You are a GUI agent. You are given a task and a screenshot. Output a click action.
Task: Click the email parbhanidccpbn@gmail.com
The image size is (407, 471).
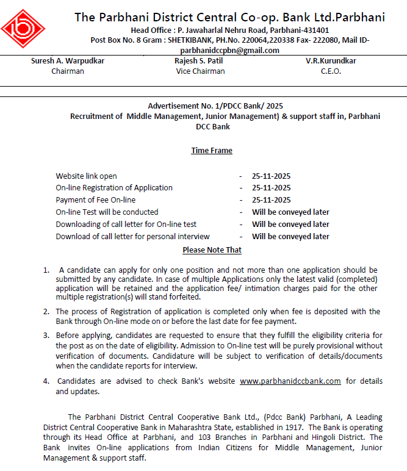point(229,50)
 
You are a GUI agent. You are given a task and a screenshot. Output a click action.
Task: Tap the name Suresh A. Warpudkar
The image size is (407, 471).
point(68,61)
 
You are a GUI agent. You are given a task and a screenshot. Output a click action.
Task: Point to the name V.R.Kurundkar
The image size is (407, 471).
point(331,61)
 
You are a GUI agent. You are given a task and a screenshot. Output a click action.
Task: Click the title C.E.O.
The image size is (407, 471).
point(331,71)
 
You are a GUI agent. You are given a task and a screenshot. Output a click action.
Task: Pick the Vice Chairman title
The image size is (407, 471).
point(200,71)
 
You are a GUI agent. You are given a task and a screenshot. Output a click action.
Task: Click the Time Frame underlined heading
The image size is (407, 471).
point(212,150)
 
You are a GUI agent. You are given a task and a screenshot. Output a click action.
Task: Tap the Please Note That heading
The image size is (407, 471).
point(212,250)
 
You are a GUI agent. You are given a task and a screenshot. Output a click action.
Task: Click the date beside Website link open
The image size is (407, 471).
point(271,176)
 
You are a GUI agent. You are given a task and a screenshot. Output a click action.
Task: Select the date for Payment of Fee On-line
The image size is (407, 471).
point(271,200)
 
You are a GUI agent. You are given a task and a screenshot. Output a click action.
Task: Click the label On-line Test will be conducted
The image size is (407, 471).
point(107,212)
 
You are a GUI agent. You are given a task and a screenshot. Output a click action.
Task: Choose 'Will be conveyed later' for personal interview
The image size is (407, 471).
point(290,237)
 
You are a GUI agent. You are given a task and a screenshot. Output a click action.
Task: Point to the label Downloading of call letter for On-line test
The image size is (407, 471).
point(126,225)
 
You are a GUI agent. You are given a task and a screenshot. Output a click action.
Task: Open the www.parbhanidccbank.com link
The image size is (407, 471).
point(290,381)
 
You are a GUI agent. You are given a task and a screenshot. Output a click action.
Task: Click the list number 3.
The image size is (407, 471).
point(46,335)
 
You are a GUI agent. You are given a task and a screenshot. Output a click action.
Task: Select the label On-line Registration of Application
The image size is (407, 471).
point(114,188)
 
